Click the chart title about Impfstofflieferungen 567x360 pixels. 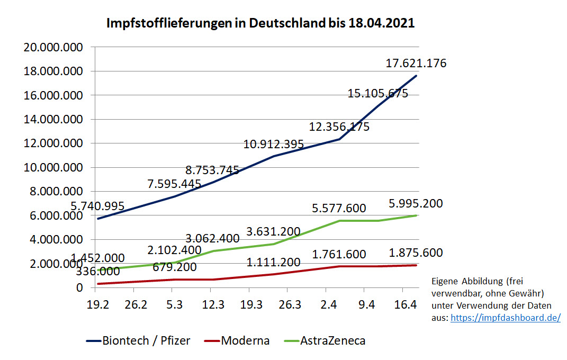click(x=260, y=24)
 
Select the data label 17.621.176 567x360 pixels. click(x=416, y=64)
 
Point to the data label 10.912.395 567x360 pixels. click(x=274, y=144)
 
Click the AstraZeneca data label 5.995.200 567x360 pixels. click(x=416, y=204)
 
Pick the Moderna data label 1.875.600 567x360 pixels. click(x=416, y=253)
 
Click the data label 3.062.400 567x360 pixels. click(x=212, y=239)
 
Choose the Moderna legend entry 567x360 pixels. click(x=237, y=340)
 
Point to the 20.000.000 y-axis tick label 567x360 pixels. click(x=53, y=48)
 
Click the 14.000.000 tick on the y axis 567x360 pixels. click(x=53, y=120)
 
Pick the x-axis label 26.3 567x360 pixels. click(x=286, y=305)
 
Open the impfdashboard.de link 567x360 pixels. click(x=505, y=318)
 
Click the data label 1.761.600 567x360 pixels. click(x=339, y=255)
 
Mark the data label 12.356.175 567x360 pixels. click(x=339, y=127)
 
